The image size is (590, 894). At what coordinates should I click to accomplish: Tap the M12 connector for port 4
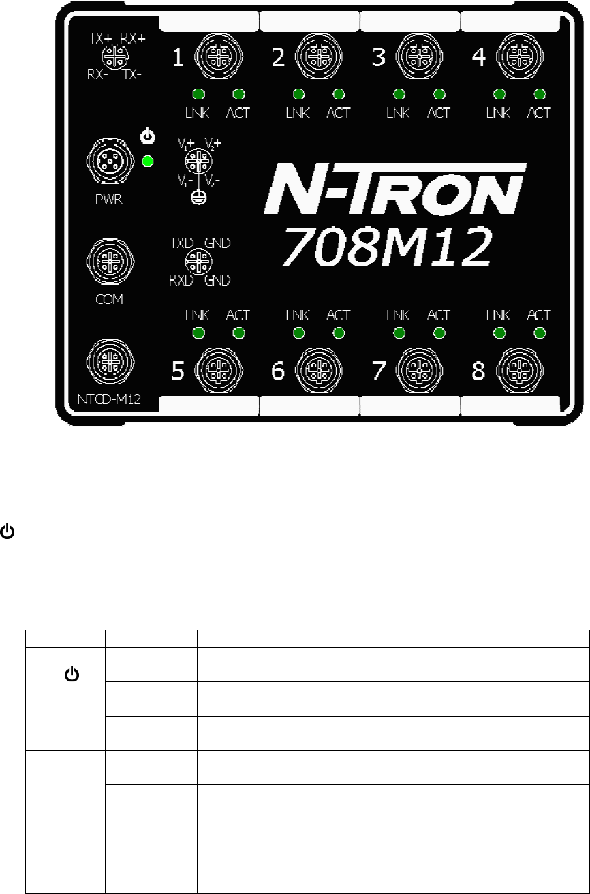click(515, 57)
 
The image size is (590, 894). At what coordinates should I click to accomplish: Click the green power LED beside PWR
click(148, 162)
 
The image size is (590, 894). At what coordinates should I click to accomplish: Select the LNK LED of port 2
click(298, 94)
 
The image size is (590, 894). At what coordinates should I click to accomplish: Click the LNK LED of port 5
click(198, 333)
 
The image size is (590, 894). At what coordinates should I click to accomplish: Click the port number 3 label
click(379, 58)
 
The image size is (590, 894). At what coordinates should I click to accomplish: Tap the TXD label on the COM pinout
click(181, 242)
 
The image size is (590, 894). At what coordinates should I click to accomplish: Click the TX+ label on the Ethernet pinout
click(102, 40)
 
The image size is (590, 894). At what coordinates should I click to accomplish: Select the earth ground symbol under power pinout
click(198, 196)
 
